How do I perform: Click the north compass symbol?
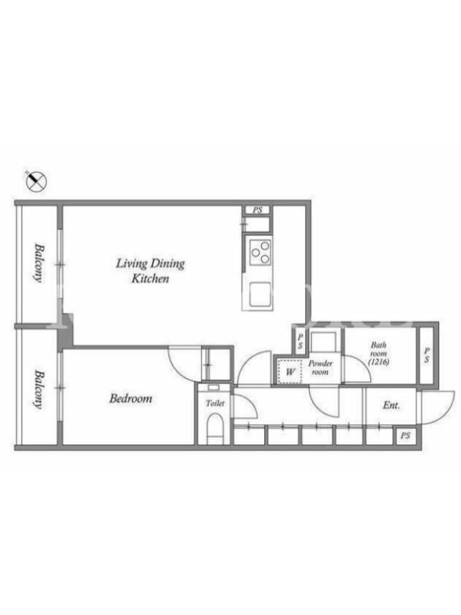tap(36, 181)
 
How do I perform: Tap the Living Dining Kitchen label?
tap(150, 271)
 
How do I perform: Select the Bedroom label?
tap(131, 398)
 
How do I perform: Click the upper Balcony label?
tap(39, 263)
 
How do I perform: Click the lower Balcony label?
tap(39, 390)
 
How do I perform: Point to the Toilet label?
tap(215, 403)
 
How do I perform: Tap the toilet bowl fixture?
tap(214, 429)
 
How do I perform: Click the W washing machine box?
tap(290, 371)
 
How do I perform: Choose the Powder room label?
tap(320, 367)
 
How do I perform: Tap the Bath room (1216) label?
tap(379, 353)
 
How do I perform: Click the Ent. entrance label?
tap(391, 405)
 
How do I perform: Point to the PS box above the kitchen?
tap(257, 210)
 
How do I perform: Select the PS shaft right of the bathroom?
tap(426, 355)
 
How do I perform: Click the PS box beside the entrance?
tap(406, 435)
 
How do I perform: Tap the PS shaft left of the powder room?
tap(300, 341)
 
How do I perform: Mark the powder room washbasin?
tap(323, 341)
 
